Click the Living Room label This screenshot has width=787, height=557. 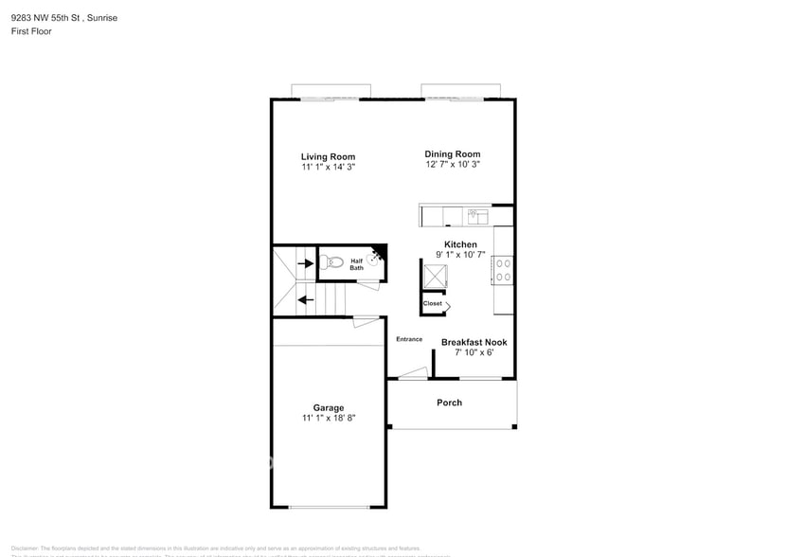coord(328,156)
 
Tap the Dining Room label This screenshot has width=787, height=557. coord(452,153)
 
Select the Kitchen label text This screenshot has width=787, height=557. coord(460,244)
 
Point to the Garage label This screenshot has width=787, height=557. coord(329,407)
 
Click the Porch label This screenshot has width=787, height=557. coord(449,403)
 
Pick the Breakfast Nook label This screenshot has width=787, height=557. coord(474,342)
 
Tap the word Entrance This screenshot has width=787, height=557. coord(409,339)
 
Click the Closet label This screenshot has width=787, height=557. coord(432,303)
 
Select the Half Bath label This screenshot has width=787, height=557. coord(357,264)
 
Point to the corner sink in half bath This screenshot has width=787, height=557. coord(376,256)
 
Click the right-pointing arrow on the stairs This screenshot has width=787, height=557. coord(306,263)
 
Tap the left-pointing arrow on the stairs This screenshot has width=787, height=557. coord(306,300)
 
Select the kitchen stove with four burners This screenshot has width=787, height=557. coord(502,271)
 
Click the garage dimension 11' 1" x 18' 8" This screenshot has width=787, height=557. coord(329,418)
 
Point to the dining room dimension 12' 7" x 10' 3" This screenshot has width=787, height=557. coord(452,164)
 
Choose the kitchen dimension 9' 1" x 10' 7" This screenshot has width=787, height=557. coord(460,255)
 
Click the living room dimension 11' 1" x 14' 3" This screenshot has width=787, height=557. coord(328,167)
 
